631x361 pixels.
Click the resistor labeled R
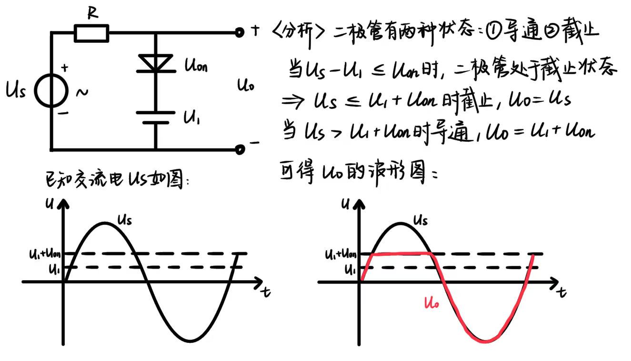click(92, 33)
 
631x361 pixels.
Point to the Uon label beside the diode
click(195, 65)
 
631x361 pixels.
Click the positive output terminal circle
click(240, 32)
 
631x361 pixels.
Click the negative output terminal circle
click(240, 150)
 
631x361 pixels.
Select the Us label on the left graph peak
click(124, 220)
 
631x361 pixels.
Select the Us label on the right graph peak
click(420, 220)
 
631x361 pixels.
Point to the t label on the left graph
click(265, 292)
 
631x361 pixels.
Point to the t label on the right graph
click(562, 292)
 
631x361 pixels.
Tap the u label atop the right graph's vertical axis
click(345, 204)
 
